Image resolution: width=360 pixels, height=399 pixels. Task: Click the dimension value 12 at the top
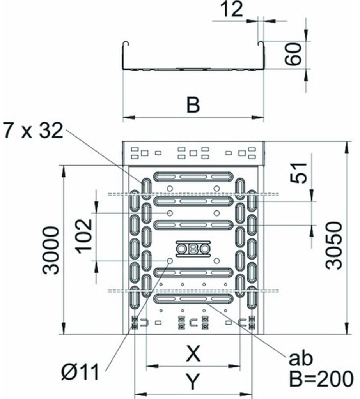(231, 10)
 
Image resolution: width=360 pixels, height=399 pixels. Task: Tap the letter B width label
(193, 104)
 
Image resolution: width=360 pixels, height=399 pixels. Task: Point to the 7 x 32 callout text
(34, 131)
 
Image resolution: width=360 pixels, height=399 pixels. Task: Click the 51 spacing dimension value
(299, 173)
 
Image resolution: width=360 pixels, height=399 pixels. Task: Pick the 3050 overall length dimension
(333, 245)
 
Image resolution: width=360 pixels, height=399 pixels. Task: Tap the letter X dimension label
(193, 353)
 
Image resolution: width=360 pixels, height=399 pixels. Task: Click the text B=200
(321, 378)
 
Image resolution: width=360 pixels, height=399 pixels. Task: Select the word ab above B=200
(300, 358)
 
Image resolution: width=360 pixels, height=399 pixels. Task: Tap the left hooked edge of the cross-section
(124, 55)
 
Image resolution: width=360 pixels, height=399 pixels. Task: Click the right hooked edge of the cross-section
(262, 55)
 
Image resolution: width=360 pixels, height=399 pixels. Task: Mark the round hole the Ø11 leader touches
(170, 261)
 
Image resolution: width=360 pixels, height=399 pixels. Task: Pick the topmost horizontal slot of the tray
(193, 177)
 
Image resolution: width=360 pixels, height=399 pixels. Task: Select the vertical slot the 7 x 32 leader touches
(146, 189)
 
